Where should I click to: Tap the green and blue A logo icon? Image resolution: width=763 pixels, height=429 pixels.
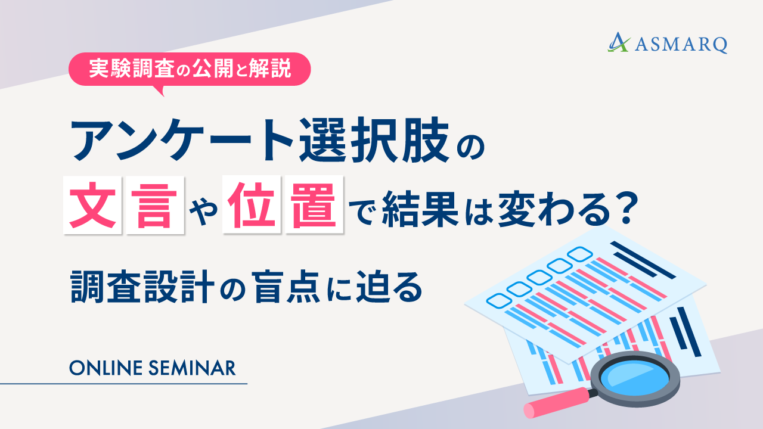point(619,42)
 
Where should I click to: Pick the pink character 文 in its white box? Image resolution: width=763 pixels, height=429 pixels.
point(92,208)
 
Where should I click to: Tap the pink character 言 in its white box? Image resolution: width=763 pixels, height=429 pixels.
point(154,208)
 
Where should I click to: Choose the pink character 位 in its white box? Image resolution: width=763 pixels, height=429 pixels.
point(251,208)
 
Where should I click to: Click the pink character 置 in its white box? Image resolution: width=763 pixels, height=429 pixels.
point(315,208)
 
